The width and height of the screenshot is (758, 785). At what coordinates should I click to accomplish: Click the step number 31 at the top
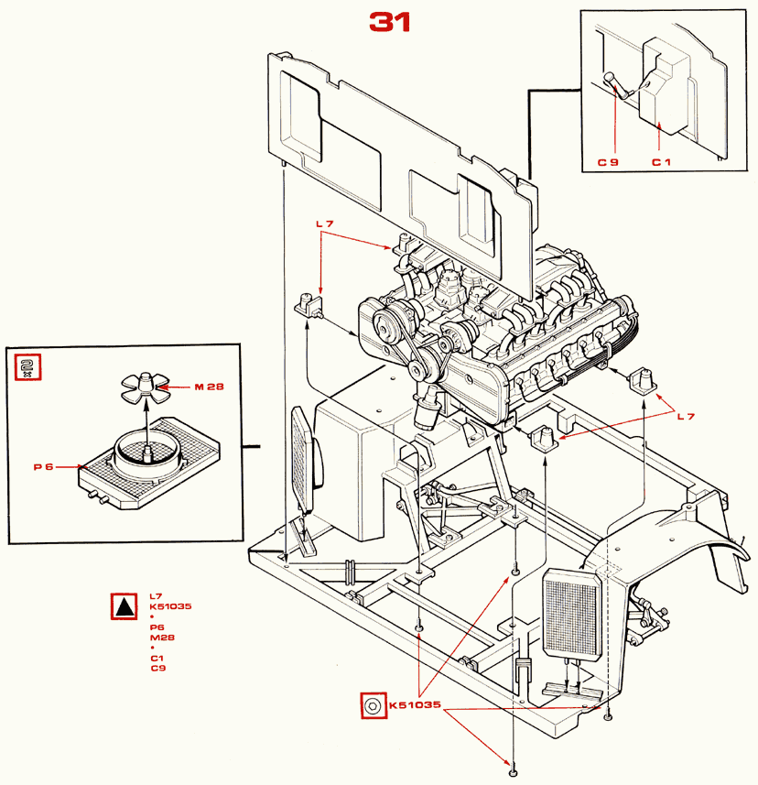click(390, 22)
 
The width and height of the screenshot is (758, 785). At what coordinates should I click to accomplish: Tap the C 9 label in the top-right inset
click(609, 162)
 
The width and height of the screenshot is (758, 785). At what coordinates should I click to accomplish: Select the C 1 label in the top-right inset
click(661, 162)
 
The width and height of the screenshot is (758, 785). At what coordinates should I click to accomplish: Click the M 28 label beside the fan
click(209, 387)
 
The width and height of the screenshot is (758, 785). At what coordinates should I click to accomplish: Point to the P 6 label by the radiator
click(43, 466)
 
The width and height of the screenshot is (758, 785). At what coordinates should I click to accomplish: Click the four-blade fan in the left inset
click(146, 387)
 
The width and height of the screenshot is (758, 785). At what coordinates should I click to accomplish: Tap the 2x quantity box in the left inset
click(27, 367)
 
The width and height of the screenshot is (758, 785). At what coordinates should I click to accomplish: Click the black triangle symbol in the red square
click(125, 606)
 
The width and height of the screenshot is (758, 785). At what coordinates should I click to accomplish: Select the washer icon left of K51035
click(374, 705)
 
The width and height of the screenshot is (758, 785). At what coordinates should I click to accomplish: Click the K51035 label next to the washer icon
click(416, 705)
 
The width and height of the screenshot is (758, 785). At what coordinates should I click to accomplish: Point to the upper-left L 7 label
click(325, 224)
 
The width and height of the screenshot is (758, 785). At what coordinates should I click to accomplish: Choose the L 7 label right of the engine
click(686, 416)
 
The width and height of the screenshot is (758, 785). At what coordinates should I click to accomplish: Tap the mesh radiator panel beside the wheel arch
click(572, 615)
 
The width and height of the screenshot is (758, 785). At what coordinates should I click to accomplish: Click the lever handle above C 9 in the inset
click(619, 85)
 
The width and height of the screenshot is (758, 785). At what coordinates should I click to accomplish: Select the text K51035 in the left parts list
click(170, 606)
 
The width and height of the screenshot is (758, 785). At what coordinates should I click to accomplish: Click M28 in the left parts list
click(163, 638)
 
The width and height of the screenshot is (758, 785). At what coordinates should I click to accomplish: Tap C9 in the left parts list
click(158, 668)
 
